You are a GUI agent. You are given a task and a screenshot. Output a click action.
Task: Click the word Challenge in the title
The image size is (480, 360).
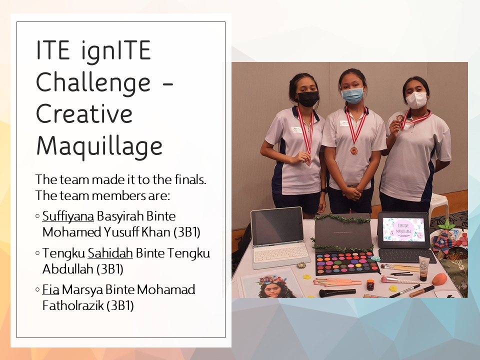(x=93, y=82)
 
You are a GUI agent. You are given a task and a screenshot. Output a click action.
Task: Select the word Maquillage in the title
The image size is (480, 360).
(x=99, y=146)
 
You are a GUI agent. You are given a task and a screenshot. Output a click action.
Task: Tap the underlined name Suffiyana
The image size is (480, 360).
(x=68, y=216)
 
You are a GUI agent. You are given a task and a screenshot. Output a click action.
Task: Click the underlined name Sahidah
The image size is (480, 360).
(x=110, y=253)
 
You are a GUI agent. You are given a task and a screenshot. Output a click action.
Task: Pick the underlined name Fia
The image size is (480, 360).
(x=51, y=289)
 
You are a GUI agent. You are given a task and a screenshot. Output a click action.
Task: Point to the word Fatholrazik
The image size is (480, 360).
(x=73, y=305)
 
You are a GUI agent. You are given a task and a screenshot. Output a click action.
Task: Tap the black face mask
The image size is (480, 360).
(x=308, y=99)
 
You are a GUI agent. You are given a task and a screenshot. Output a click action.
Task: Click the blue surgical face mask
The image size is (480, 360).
(x=352, y=95)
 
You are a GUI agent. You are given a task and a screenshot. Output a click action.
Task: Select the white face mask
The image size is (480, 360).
(x=416, y=100)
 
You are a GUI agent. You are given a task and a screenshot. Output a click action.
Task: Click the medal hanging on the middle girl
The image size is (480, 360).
(x=354, y=150)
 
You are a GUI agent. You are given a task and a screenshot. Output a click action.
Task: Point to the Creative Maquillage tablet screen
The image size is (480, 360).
(x=403, y=229)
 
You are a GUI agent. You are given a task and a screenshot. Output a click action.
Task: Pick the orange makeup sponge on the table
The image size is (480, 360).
(x=439, y=279)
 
